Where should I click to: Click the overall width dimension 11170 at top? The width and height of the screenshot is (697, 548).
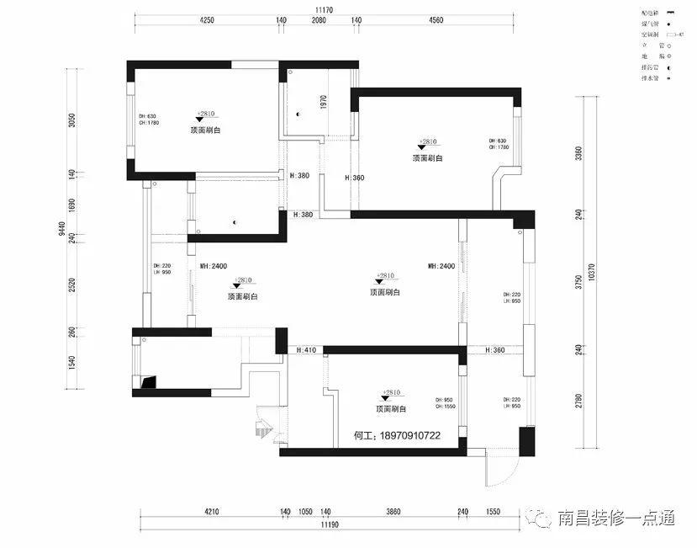(x=325, y=9)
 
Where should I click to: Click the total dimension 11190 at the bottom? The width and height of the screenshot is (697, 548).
(x=328, y=524)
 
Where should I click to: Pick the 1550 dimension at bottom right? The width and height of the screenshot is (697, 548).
(x=492, y=511)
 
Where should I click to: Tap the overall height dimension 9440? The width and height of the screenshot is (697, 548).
(x=61, y=229)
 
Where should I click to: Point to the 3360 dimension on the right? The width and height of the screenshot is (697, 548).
(x=579, y=152)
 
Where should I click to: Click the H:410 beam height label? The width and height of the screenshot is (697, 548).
(x=304, y=349)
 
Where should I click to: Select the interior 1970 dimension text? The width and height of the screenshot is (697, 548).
(x=323, y=101)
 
